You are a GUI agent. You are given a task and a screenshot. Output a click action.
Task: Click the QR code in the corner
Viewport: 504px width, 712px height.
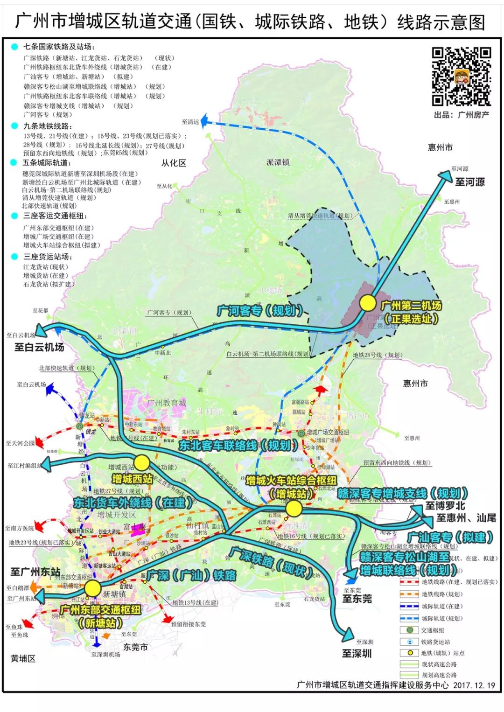[x=461, y=76]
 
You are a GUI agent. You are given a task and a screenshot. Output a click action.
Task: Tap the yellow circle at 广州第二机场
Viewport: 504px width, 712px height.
[x=368, y=303]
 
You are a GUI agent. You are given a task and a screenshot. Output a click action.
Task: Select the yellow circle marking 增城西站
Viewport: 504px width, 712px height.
[x=142, y=463]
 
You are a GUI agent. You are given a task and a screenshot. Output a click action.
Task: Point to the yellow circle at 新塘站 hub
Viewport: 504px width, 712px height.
[x=93, y=588]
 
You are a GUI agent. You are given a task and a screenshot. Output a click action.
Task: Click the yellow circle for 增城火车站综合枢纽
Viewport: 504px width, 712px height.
[x=294, y=509]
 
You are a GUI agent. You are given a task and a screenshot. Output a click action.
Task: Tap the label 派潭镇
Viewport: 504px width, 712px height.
[x=278, y=162]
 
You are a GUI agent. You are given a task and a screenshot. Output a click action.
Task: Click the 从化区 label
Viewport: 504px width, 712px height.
[x=174, y=163]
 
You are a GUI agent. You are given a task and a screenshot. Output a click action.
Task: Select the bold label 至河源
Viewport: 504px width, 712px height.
[x=469, y=182]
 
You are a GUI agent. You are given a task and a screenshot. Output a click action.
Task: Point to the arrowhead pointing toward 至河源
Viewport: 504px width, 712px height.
[x=443, y=175]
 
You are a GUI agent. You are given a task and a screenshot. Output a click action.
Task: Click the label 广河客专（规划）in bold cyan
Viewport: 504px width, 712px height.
[x=260, y=311]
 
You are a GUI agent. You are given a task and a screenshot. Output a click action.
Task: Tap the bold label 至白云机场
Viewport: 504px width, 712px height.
[x=39, y=347]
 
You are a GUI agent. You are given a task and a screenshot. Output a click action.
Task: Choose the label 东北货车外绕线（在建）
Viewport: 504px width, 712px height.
[x=133, y=503]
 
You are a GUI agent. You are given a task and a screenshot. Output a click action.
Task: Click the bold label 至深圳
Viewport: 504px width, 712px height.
[x=357, y=654]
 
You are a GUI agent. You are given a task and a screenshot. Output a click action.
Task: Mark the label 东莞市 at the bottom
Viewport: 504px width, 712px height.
[x=135, y=647]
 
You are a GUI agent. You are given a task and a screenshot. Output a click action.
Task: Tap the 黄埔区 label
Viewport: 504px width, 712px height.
[x=23, y=659]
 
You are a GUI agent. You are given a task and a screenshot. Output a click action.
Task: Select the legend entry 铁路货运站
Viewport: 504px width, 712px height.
[x=435, y=642]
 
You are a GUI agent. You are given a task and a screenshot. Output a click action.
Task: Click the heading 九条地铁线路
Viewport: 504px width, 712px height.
[x=48, y=126]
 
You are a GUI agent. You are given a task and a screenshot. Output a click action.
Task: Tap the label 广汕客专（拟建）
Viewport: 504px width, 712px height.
[x=450, y=537]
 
